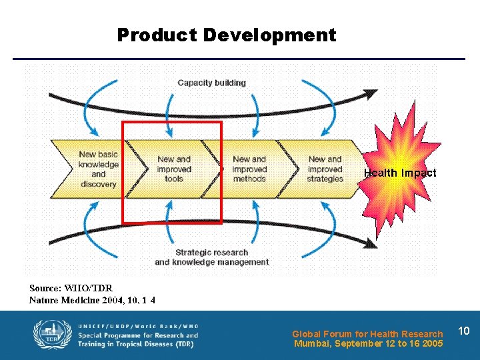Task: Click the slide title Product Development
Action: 227,35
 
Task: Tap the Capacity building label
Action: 211,83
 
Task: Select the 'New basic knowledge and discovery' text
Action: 98,169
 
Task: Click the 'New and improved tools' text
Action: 174,169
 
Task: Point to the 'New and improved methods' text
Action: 249,169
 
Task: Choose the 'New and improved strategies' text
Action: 325,169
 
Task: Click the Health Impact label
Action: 400,173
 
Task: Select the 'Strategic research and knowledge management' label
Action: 211,257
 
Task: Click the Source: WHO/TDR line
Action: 71,288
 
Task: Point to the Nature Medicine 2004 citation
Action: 92,300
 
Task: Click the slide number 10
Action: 465,331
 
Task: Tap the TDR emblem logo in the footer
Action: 48,336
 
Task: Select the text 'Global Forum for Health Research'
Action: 367,334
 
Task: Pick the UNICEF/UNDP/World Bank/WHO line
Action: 138,326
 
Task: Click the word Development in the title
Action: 269,35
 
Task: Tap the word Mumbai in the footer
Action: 312,344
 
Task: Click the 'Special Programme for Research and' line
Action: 138,335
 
